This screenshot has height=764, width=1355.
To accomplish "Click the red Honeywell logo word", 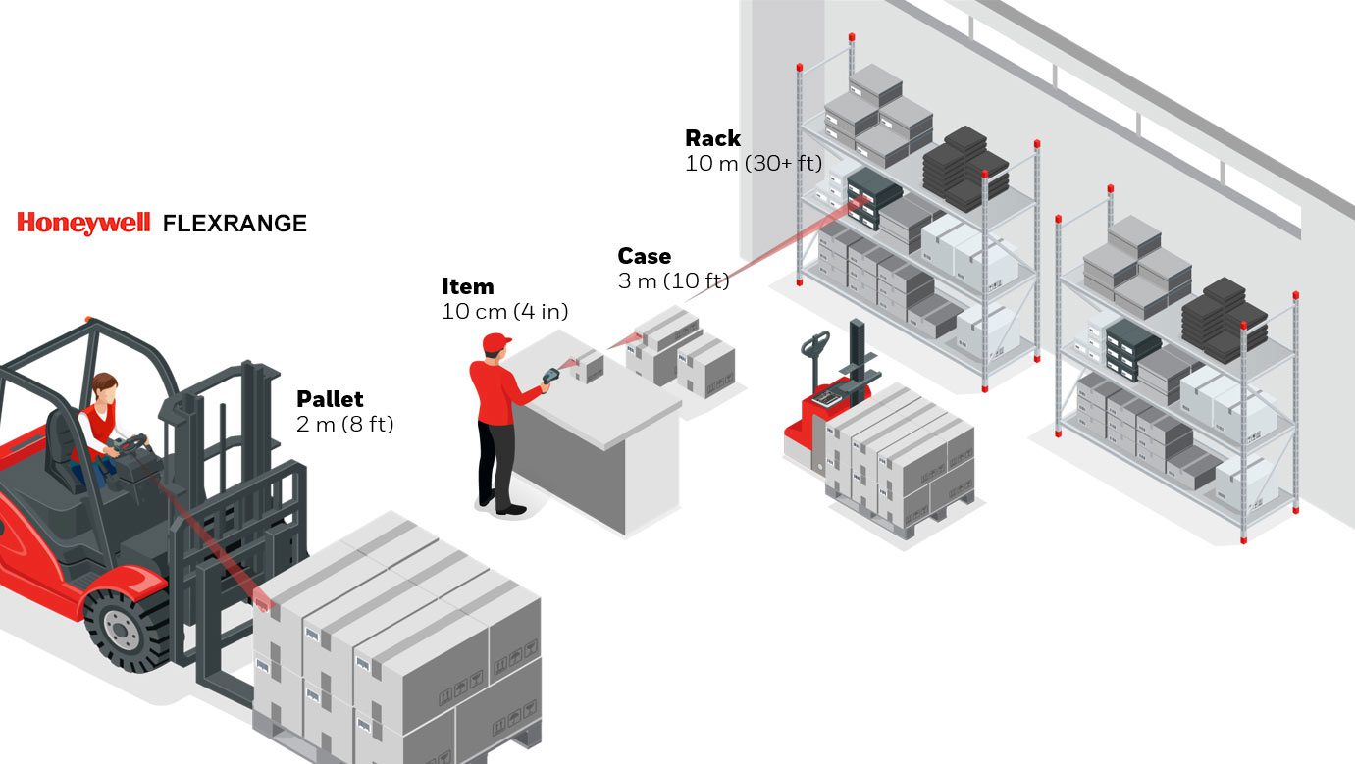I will tap(82, 224).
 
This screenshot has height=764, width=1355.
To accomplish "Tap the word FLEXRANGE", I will tap(235, 224).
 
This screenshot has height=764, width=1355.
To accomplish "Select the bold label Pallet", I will tap(330, 399).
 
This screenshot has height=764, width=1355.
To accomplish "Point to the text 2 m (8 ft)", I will tap(344, 425).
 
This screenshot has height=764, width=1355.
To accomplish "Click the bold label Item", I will tap(467, 286).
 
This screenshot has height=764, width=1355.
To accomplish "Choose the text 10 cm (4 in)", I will tap(504, 311).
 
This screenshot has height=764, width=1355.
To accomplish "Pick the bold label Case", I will tap(644, 256).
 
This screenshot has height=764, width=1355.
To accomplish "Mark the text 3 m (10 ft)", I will tap(673, 281).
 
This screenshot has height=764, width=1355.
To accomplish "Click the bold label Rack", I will tap(712, 138).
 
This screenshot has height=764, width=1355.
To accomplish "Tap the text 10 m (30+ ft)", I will tap(753, 163).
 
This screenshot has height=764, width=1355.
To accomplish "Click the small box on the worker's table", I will tap(590, 367).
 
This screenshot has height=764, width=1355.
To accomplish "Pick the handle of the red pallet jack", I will tap(813, 343).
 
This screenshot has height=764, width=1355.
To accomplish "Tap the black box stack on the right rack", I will tap(1225, 317).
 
